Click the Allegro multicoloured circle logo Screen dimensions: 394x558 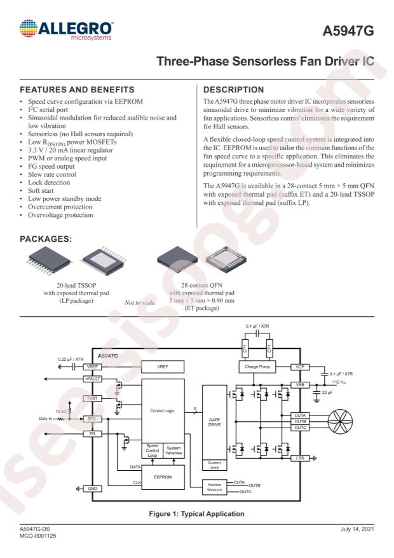(x=29, y=29)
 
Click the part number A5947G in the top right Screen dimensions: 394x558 (x=348, y=31)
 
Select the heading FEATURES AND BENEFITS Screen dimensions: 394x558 (x=77, y=90)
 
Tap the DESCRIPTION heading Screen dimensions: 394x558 (x=233, y=90)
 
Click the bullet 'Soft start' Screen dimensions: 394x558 (x=41, y=191)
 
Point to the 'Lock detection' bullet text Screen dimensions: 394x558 (x=49, y=183)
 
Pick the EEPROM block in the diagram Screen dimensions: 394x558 (x=163, y=477)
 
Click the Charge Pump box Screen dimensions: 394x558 (x=257, y=367)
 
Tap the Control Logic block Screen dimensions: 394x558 (x=163, y=410)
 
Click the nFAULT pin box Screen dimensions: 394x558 (x=92, y=379)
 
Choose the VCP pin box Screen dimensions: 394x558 (x=300, y=367)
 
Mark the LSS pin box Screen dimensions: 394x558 (x=300, y=458)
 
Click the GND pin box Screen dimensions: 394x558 (x=92, y=489)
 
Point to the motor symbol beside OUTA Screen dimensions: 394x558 (x=340, y=421)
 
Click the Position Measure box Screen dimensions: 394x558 (x=215, y=487)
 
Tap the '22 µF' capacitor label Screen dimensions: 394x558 (x=327, y=393)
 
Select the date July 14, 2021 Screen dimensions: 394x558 (x=357, y=529)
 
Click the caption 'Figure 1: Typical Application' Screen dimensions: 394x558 (x=196, y=514)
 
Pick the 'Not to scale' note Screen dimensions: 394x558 (x=140, y=303)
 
